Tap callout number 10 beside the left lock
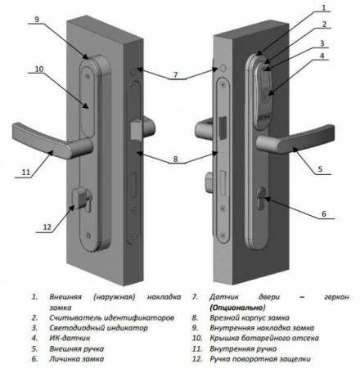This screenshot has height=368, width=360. pyautogui.click(x=38, y=70)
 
